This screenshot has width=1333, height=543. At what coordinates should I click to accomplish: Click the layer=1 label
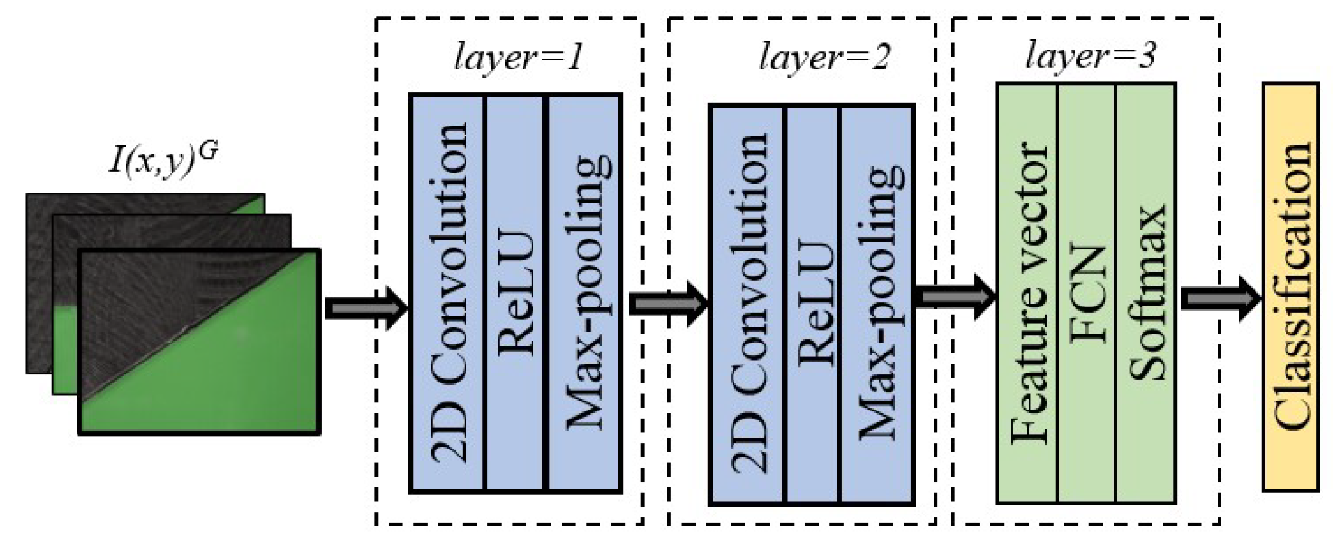(518, 58)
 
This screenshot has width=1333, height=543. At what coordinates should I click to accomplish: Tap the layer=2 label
(824, 58)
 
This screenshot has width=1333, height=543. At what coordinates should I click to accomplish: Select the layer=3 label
(1090, 56)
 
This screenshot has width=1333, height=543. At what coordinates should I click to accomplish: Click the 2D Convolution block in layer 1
(447, 293)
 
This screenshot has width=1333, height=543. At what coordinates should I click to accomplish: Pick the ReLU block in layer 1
(515, 293)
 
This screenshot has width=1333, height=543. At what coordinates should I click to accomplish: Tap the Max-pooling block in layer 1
(585, 293)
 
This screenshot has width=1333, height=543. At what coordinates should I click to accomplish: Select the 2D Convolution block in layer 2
(748, 305)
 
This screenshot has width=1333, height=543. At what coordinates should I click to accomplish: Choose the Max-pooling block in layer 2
(878, 305)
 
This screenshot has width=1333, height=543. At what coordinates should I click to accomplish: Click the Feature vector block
(1027, 293)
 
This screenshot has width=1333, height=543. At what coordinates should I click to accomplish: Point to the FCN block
(1086, 293)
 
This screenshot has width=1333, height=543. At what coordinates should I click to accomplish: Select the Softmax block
(1146, 293)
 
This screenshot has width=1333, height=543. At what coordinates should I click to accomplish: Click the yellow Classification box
(1291, 287)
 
